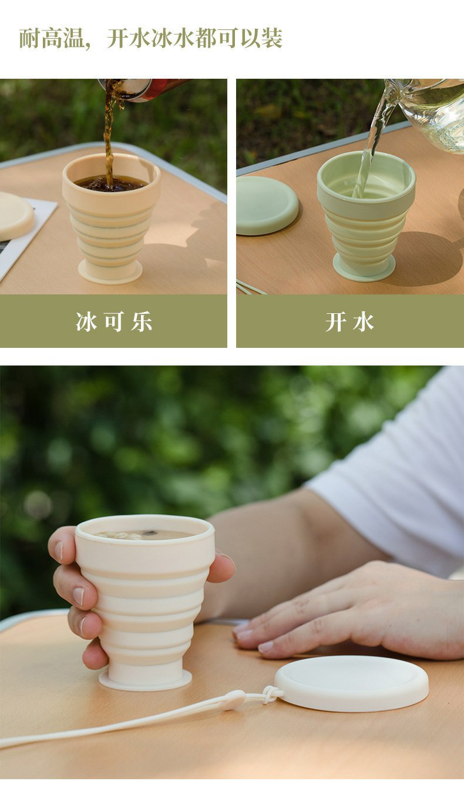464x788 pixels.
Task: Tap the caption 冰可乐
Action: click(114, 322)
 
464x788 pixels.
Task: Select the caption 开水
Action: click(350, 322)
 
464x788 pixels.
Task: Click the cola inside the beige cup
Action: click(112, 183)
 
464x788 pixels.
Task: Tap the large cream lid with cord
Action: click(351, 683)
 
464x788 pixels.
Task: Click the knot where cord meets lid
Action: click(271, 695)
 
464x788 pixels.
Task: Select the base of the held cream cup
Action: click(145, 679)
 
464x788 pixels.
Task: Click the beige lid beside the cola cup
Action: click(14, 215)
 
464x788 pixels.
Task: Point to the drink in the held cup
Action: click(144, 535)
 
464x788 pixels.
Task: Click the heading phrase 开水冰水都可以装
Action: click(194, 39)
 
